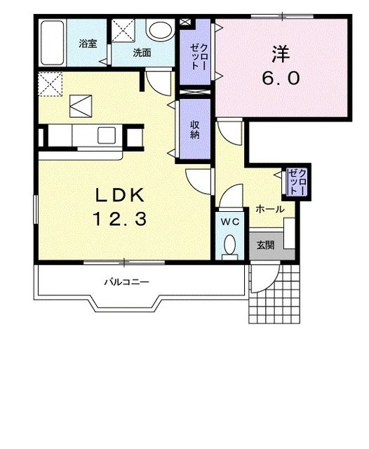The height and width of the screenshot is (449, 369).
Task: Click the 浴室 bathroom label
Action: [88, 43]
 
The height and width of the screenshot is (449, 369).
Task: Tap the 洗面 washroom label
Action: [142, 53]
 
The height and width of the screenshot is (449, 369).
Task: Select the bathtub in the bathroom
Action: [52, 43]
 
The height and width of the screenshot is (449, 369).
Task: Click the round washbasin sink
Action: [159, 30]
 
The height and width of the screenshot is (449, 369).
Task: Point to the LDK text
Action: [120, 196]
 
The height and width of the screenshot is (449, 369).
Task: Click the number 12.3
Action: [119, 218]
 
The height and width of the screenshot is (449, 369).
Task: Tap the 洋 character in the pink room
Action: [280, 54]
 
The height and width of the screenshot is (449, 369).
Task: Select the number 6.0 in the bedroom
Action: [281, 78]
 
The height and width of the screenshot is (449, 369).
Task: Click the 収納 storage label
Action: [195, 130]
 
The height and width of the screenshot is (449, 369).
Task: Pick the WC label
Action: [229, 222]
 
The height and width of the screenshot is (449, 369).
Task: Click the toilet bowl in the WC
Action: [230, 245]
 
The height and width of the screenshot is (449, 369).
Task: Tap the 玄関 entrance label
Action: [265, 245]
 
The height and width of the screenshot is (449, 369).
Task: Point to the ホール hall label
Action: [270, 209]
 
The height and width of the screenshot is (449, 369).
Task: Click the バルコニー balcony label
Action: [126, 282]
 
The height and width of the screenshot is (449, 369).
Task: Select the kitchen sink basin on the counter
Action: [107, 135]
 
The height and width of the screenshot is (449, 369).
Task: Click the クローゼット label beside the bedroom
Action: [199, 57]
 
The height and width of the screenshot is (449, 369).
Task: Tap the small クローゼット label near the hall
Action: [297, 182]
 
